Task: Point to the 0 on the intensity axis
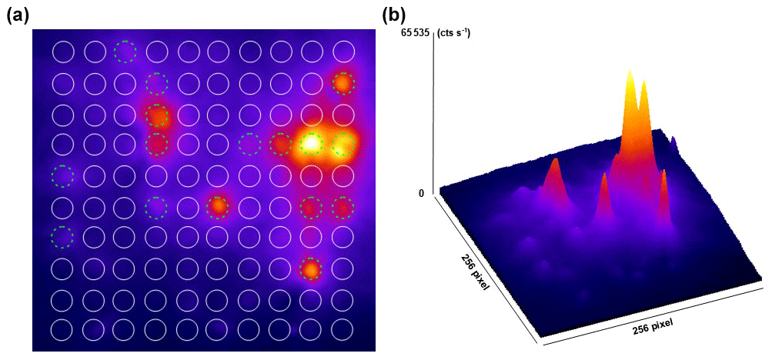coord(422,193)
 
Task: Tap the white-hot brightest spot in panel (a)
coord(311,143)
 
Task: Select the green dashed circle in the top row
coord(125,52)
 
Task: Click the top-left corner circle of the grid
coord(63,52)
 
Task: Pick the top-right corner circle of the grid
coord(343,52)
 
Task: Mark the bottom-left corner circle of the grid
coord(63,329)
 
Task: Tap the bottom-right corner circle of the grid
coord(343,329)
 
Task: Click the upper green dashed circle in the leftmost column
coord(62,175)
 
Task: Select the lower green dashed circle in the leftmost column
coord(62,237)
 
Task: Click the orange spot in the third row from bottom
coord(311,269)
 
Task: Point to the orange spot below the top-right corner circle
coord(343,83)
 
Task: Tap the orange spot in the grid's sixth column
coord(219,206)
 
